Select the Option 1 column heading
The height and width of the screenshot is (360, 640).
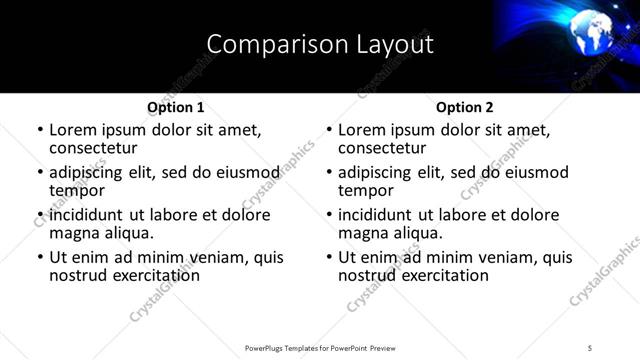pyautogui.click(x=175, y=107)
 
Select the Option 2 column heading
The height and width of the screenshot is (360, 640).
pyautogui.click(x=464, y=107)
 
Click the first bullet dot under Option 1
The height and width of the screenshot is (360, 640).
pyautogui.click(x=40, y=130)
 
